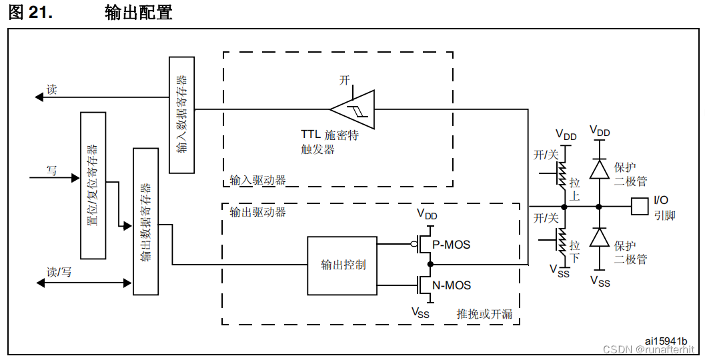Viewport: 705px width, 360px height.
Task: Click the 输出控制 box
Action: pos(342,265)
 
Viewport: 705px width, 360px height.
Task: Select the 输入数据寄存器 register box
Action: pos(182,115)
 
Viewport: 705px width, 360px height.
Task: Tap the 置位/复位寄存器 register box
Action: pos(93,185)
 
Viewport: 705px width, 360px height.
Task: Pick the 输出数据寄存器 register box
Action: pos(146,221)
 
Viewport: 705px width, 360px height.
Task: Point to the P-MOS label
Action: pos(452,245)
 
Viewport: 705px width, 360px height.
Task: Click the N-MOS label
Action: pos(452,285)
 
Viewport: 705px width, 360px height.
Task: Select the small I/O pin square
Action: pos(639,206)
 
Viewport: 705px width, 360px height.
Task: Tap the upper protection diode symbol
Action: pos(600,169)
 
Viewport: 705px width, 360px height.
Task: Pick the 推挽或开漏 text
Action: pos(484,313)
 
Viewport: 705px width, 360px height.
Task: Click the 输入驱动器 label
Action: pos(257,180)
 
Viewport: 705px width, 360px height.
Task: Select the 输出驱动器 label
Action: pos(257,212)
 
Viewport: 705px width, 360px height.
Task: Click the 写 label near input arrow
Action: pos(51,171)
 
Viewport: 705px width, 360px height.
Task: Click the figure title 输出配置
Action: pos(139,12)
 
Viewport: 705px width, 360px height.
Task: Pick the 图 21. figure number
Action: pos(30,12)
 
